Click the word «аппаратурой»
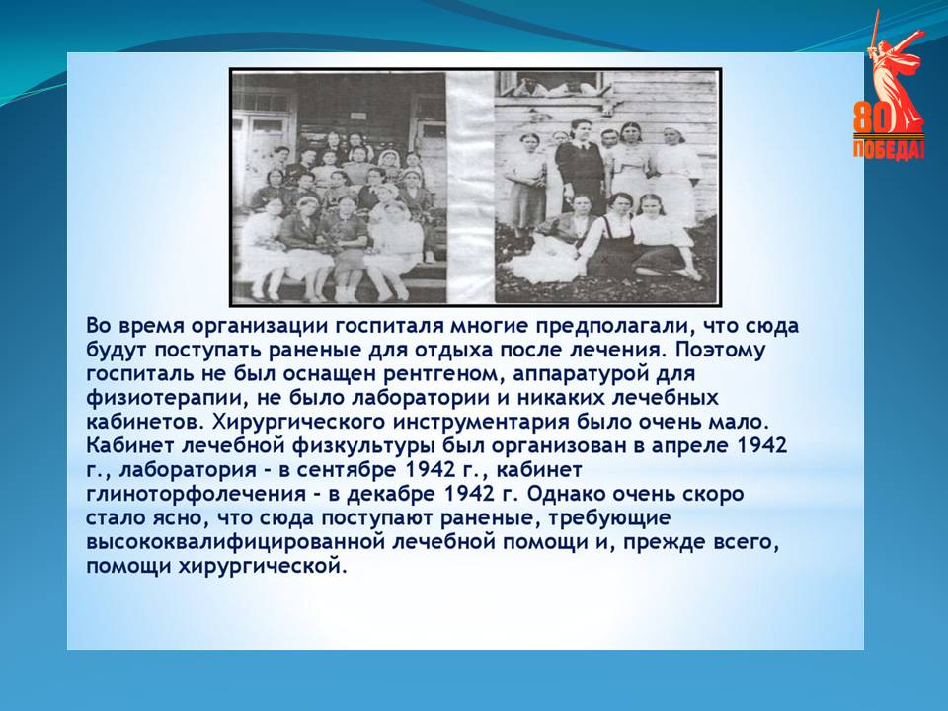[x=580, y=375]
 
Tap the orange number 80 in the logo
[x=873, y=118]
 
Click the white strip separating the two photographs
[x=471, y=188]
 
